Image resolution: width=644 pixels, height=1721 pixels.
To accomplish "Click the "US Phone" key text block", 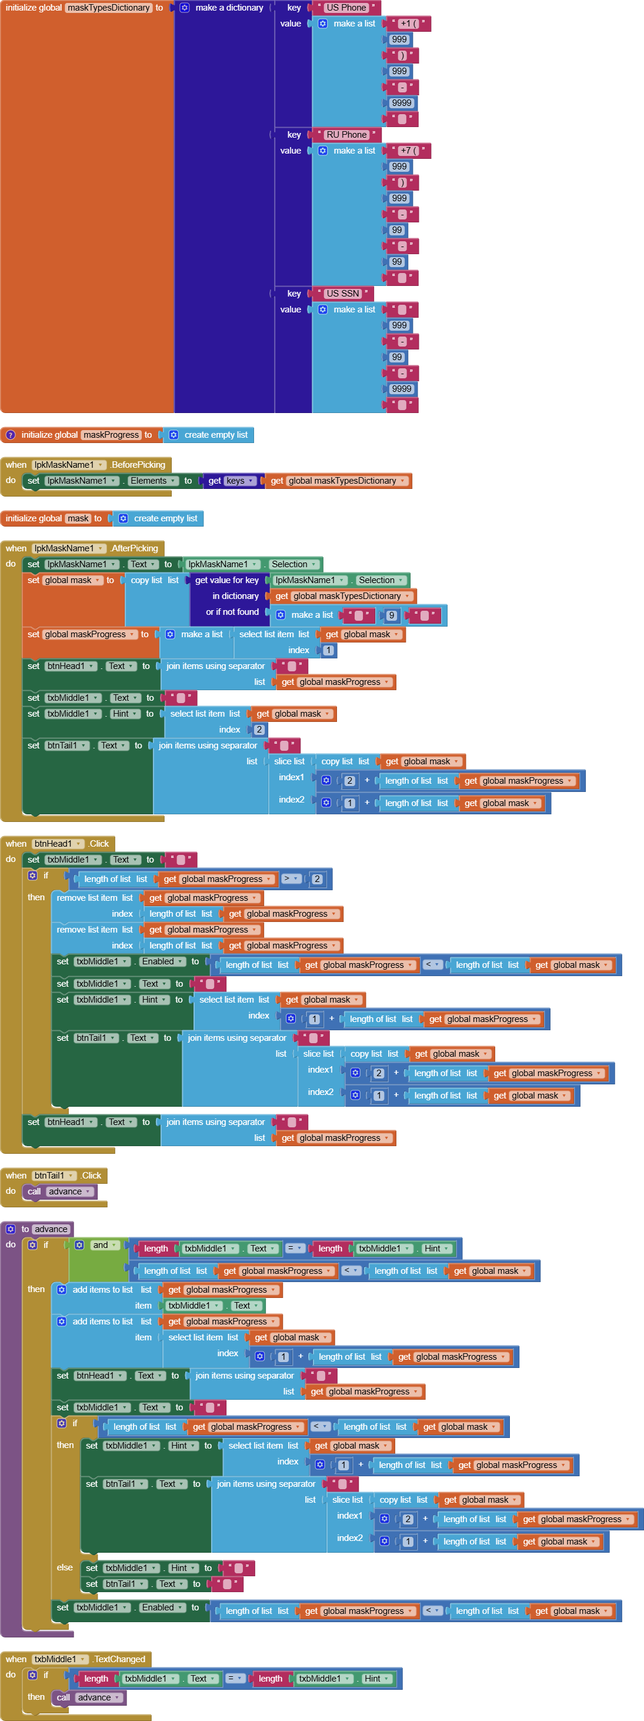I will [x=346, y=7].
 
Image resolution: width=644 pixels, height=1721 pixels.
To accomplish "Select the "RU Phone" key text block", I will [x=346, y=134].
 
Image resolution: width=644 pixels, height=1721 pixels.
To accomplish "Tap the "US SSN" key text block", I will [x=342, y=293].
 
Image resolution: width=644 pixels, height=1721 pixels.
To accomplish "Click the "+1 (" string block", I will [x=409, y=24].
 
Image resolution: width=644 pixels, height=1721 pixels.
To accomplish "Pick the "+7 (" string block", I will [x=409, y=150].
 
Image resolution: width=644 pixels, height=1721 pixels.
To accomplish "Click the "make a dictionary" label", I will [x=229, y=7].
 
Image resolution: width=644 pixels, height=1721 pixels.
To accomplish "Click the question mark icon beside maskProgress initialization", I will [x=10, y=435].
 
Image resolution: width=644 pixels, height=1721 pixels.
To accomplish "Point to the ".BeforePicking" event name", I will [x=138, y=464].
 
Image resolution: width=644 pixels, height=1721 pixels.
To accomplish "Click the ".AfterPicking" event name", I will [x=134, y=548].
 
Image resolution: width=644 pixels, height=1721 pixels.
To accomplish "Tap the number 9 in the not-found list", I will [x=392, y=615].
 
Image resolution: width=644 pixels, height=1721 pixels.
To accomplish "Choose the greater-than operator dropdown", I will [x=290, y=878].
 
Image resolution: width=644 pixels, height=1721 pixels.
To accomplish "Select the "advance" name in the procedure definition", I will [x=51, y=1229].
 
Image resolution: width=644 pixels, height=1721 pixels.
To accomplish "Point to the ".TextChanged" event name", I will [x=119, y=1659].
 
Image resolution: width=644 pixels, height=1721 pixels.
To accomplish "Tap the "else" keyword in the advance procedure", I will [x=65, y=1567].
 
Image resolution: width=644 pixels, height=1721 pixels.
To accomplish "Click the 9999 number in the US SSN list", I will [x=402, y=389].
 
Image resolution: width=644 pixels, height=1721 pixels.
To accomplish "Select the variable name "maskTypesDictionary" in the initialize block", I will [x=108, y=7].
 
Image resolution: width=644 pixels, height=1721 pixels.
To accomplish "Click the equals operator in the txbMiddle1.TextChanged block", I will [x=235, y=1678].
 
